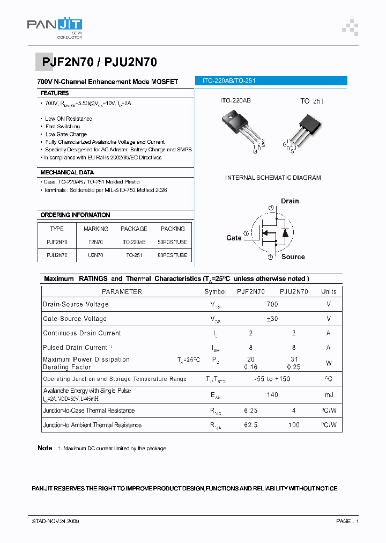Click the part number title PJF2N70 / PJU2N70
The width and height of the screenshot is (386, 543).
[99, 62]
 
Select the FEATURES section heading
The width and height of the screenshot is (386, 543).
[55, 93]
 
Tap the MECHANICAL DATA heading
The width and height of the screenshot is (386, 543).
[67, 173]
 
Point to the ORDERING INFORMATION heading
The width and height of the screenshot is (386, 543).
[75, 215]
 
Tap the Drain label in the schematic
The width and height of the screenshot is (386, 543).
[289, 201]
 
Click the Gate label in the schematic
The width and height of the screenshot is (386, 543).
[234, 238]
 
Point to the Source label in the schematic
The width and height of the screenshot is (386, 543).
[293, 257]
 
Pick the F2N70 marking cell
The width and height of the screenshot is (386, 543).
[96, 243]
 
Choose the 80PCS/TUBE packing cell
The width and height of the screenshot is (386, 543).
[173, 256]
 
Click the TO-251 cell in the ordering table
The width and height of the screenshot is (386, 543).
[134, 256]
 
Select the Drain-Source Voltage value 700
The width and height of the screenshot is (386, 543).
[272, 304]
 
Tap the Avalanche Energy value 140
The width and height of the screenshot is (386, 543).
[272, 395]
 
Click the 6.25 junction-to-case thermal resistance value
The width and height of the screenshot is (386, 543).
[251, 410]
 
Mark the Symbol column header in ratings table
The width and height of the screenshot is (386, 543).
[216, 292]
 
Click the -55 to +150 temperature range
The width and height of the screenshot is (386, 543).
[272, 379]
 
